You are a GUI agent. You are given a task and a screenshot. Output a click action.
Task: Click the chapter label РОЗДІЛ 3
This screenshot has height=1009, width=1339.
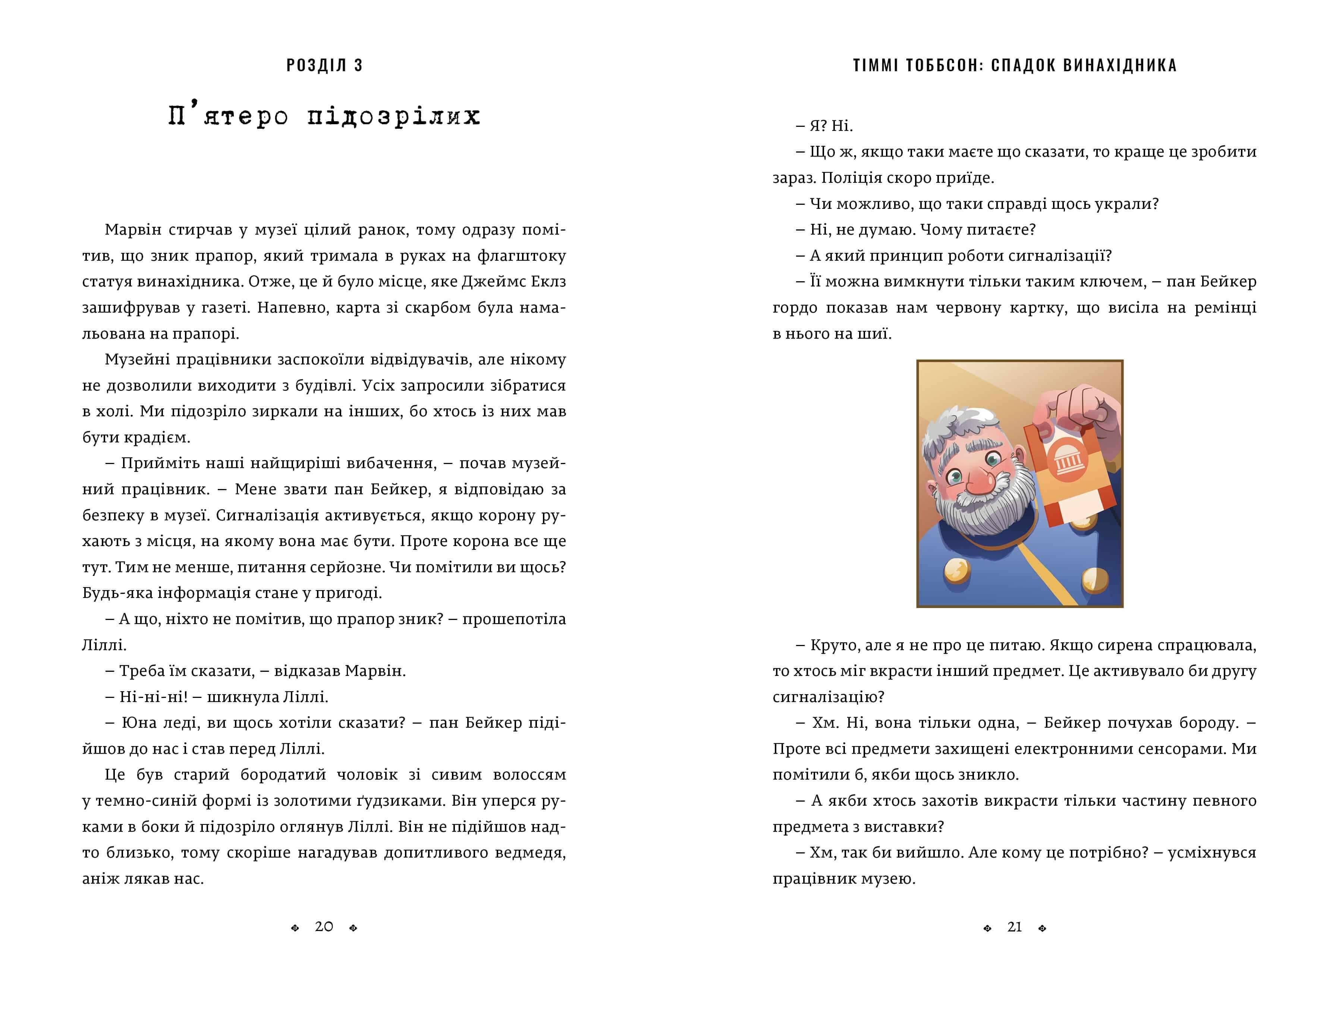click(x=324, y=65)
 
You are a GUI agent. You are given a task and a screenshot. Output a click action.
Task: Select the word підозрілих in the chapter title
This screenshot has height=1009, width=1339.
click(x=393, y=116)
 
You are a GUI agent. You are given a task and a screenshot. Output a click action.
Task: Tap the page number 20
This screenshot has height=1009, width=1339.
click(x=324, y=927)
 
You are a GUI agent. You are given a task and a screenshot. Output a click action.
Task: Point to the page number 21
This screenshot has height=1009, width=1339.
click(x=1015, y=927)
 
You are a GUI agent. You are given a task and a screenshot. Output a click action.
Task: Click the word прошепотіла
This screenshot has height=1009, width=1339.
click(x=514, y=619)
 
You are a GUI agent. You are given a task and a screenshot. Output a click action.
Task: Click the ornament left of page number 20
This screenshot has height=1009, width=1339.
click(x=295, y=928)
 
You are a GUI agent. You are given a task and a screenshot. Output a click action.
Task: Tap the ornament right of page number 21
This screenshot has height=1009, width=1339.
click(x=1043, y=928)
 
